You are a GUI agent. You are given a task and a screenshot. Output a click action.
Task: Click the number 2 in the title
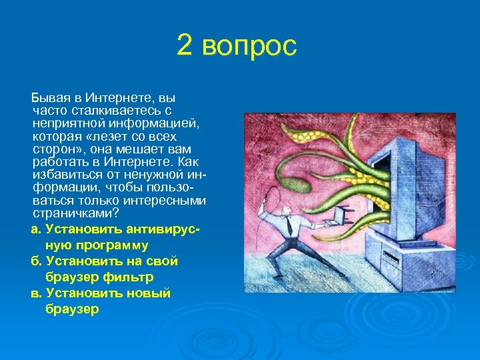[185, 47]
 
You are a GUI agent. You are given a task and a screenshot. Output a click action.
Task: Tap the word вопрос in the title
[248, 48]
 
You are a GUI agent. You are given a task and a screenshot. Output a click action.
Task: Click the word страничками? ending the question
[76, 214]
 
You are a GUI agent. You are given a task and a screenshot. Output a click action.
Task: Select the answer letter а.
[35, 229]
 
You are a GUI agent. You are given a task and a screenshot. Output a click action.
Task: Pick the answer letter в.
[35, 293]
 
